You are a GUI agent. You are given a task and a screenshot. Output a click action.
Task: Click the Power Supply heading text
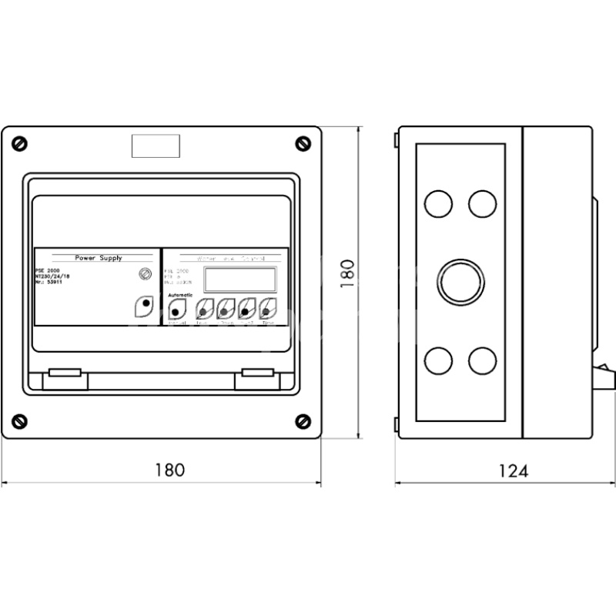98,258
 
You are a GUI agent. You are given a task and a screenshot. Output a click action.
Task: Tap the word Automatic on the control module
181,296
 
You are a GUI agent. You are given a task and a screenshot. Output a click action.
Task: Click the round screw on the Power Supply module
144,273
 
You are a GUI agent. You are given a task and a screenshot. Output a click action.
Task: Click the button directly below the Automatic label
176,310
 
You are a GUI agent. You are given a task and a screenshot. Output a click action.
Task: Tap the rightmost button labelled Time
267,310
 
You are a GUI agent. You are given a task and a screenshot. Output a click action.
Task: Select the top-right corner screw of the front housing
301,143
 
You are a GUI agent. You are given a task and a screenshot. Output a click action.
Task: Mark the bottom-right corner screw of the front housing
301,420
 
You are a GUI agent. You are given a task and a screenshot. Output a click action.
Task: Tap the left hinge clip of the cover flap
65,373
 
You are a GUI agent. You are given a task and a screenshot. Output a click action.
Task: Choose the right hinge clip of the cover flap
256,373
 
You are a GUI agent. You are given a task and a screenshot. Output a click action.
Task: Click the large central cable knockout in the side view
461,282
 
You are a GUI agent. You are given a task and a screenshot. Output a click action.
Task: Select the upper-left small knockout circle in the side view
438,203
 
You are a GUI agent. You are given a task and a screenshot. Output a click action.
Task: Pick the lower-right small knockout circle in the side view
483,360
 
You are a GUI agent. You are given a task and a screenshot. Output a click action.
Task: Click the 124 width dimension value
512,470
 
